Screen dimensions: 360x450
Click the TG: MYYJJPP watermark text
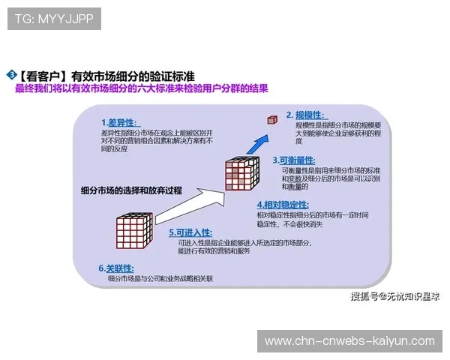pyautogui.click(x=54, y=19)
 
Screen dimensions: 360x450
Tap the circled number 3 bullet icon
pyautogui.click(x=11, y=74)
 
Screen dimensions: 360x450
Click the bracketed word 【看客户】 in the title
pyautogui.click(x=41, y=76)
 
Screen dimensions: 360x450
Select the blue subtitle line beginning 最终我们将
pyautogui.click(x=142, y=89)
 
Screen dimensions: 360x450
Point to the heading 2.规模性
pyautogui.click(x=304, y=115)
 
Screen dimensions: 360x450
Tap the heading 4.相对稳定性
pyautogui.click(x=283, y=204)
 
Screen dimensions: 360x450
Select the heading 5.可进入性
pyautogui.click(x=190, y=232)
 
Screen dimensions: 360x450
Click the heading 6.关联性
pyautogui.click(x=115, y=268)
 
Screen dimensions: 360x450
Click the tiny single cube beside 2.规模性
pyautogui.click(x=273, y=118)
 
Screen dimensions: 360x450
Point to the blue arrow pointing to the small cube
pyautogui.click(x=257, y=141)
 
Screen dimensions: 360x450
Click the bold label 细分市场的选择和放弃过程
pyautogui.click(x=131, y=190)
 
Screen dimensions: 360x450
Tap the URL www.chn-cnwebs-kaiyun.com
pyautogui.click(x=349, y=341)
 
